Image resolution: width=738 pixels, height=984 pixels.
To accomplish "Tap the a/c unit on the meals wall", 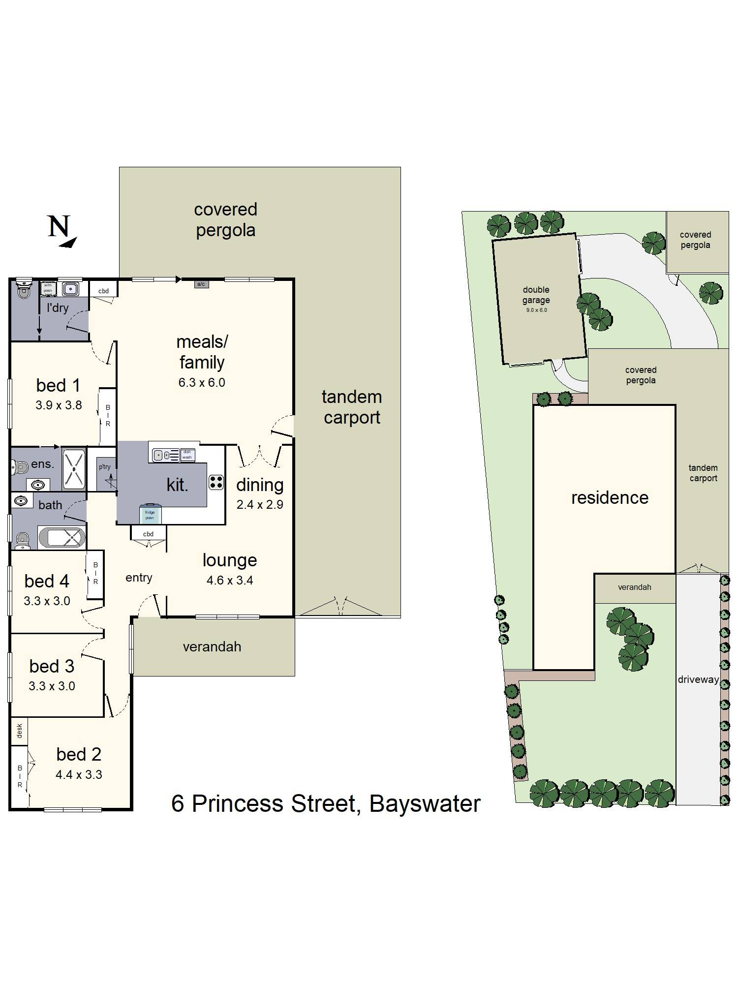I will [x=201, y=284].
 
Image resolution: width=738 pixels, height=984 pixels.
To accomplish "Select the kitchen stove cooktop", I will [x=216, y=482].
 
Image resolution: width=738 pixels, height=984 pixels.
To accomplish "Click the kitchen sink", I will [x=158, y=455].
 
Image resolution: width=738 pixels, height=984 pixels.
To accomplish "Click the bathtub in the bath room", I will [x=62, y=537].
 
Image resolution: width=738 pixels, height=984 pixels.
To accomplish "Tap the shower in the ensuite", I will [x=74, y=469].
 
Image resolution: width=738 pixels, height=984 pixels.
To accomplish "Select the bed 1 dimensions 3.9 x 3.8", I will [x=59, y=405].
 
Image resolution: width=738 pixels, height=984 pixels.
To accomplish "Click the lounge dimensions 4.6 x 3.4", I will [x=230, y=580].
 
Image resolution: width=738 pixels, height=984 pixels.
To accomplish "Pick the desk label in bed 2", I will [x=20, y=731].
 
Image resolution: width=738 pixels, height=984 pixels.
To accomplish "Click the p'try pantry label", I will [x=104, y=467].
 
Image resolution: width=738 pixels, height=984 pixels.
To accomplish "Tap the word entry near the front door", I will [x=139, y=578].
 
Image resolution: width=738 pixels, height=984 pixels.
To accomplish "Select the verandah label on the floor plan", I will [x=212, y=646].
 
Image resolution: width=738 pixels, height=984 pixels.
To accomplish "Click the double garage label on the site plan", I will [x=536, y=295].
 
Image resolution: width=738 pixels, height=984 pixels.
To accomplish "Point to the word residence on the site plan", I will [x=610, y=497].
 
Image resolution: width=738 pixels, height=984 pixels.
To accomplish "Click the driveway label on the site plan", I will [x=698, y=679].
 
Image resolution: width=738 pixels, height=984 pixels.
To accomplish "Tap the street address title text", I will [x=326, y=803].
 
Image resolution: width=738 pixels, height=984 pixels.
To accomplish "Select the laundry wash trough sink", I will [x=71, y=288].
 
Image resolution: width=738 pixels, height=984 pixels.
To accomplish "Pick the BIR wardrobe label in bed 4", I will [x=95, y=573].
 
